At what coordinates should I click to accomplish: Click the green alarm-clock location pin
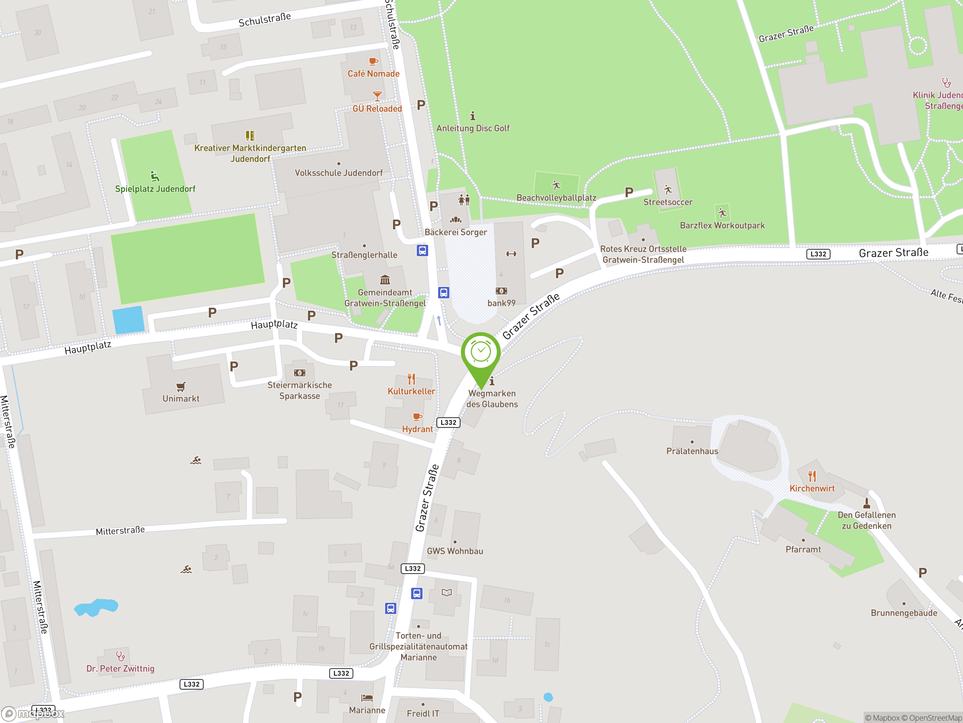click(x=481, y=353)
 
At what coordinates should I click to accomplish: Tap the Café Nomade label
click(x=373, y=74)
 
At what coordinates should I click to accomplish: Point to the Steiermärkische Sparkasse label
click(x=299, y=390)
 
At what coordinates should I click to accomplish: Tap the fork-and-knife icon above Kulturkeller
click(x=412, y=379)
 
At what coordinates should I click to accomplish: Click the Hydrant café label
click(x=417, y=429)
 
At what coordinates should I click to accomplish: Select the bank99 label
click(x=501, y=303)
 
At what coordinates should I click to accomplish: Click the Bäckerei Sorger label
click(x=456, y=232)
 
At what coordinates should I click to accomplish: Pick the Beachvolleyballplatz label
click(x=556, y=197)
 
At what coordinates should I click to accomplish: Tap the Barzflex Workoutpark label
click(x=722, y=225)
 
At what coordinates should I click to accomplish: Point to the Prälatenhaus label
click(x=692, y=451)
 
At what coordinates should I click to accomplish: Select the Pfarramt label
click(x=803, y=549)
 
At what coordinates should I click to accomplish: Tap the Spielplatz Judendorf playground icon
click(x=155, y=176)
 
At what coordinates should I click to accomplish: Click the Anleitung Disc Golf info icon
click(x=473, y=116)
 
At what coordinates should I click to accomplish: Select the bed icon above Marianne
click(x=367, y=698)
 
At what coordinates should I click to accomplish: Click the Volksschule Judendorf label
click(x=339, y=172)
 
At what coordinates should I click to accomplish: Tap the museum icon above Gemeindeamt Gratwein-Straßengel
click(x=385, y=279)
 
